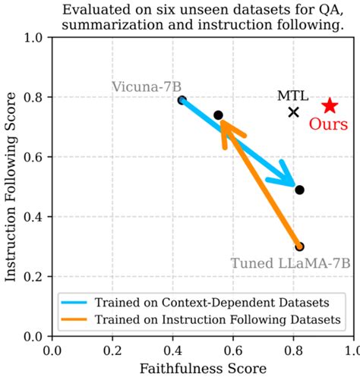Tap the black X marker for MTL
[294, 112]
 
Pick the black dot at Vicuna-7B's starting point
[182, 100]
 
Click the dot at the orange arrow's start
[299, 247]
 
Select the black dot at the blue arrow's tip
[299, 190]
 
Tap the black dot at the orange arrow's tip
[218, 115]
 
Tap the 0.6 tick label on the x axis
[232, 350]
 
